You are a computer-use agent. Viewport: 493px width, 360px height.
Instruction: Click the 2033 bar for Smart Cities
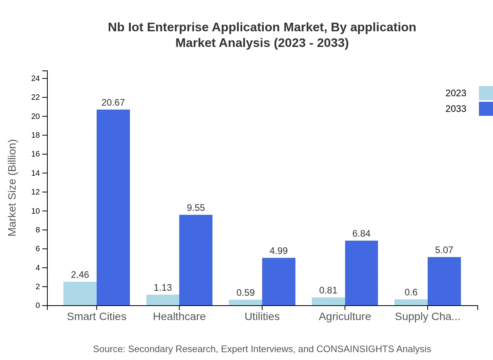113,207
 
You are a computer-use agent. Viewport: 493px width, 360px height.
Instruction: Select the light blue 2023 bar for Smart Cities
80,293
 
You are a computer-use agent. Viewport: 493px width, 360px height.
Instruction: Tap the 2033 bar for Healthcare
196,260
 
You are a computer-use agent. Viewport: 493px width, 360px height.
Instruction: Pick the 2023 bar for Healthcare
163,300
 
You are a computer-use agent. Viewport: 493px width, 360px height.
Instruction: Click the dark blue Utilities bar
279,281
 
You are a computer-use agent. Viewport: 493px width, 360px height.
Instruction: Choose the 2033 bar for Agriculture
361,273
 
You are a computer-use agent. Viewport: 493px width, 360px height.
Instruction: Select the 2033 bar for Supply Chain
444,281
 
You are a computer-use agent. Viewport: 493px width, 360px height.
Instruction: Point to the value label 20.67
113,103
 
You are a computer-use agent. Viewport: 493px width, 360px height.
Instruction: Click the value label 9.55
196,208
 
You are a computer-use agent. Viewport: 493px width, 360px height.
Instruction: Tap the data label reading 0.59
245,293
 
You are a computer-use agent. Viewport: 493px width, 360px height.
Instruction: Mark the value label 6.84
361,234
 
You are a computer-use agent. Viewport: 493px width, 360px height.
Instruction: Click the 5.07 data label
444,250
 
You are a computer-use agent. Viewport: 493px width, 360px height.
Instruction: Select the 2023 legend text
456,93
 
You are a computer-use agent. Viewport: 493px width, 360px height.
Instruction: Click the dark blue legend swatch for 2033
486,109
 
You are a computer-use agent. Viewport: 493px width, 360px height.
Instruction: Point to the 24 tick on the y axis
36,79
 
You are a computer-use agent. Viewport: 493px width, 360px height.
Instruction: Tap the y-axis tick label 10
36,211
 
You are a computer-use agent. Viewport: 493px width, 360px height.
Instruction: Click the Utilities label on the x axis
262,316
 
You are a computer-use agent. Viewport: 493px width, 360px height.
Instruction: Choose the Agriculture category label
345,316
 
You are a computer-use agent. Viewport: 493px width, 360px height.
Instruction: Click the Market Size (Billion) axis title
13,188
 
